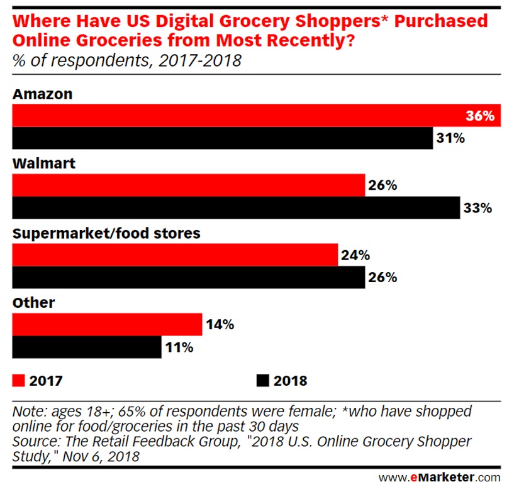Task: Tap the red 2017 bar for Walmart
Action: (x=189, y=185)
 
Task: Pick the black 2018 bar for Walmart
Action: (x=236, y=208)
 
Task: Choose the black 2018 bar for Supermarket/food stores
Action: (x=189, y=277)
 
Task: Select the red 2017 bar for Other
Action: (x=107, y=324)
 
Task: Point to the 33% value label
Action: (x=476, y=208)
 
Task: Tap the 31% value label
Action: (x=450, y=138)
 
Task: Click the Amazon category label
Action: (x=43, y=94)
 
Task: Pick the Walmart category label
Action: (x=44, y=163)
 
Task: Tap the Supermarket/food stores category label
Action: (x=106, y=233)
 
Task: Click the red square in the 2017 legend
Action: (x=18, y=381)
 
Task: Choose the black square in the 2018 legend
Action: (x=262, y=381)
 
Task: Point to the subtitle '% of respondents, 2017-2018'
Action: (x=126, y=61)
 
